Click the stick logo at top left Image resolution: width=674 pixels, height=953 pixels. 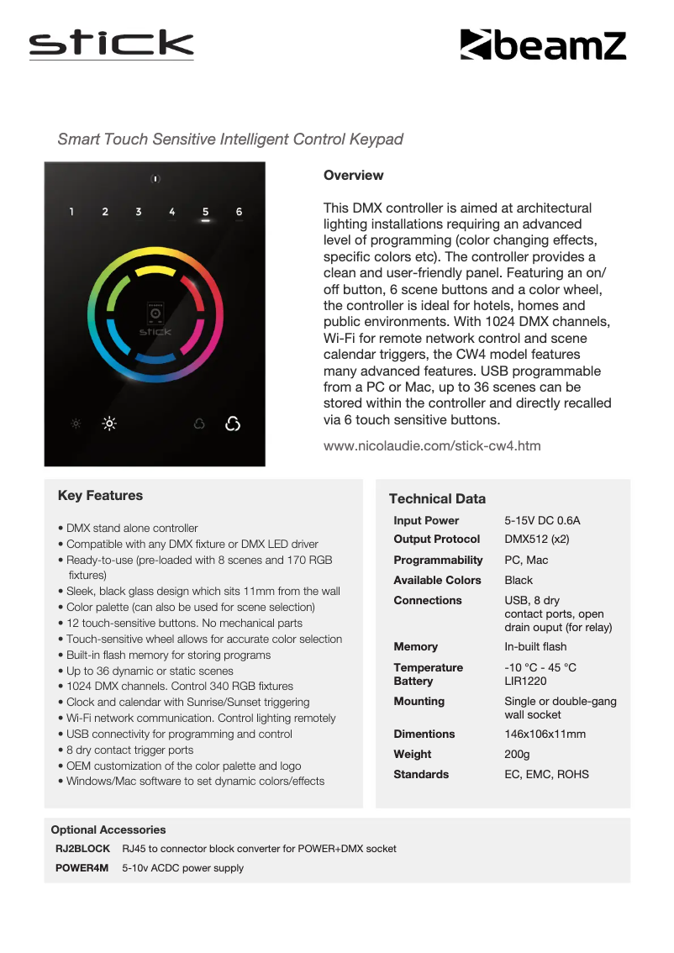[x=111, y=44]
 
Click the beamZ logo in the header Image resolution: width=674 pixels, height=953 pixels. [x=543, y=45]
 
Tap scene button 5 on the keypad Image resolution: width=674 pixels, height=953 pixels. [x=205, y=212]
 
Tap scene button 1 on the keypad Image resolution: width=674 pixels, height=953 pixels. [x=71, y=212]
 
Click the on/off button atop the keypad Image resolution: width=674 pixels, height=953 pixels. [x=155, y=179]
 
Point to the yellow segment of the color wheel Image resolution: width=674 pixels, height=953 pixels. [x=155, y=271]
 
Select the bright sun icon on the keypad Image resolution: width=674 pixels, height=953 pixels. [x=109, y=424]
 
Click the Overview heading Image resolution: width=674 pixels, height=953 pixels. [x=353, y=176]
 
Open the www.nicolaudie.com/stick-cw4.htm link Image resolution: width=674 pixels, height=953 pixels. [x=432, y=445]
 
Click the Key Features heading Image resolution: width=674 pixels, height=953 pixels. [x=100, y=496]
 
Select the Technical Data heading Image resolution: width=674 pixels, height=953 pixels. [x=437, y=499]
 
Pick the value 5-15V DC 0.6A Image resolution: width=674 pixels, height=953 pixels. [x=542, y=521]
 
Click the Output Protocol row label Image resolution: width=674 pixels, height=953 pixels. [x=436, y=540]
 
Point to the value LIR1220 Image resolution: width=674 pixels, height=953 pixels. [x=525, y=682]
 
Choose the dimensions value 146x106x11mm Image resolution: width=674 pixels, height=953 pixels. [x=545, y=734]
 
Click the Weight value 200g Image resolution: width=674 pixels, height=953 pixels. [x=517, y=755]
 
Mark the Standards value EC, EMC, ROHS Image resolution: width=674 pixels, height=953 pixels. [x=546, y=775]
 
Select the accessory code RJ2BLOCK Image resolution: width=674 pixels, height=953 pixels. [x=82, y=849]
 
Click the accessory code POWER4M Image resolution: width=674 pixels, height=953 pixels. [x=82, y=868]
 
